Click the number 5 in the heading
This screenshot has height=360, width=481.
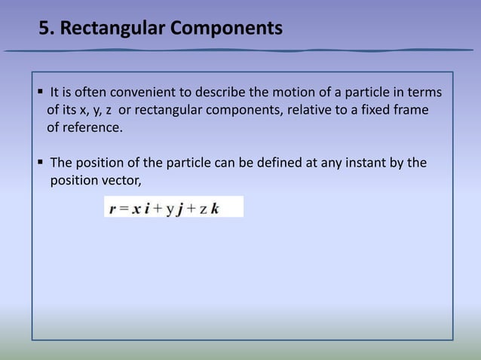tap(44, 29)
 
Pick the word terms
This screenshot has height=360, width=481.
tap(424, 93)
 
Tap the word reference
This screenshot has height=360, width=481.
tap(90, 128)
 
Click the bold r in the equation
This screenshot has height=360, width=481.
tap(112, 209)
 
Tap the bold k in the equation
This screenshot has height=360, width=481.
tap(215, 209)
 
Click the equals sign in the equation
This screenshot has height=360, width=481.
tap(123, 209)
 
